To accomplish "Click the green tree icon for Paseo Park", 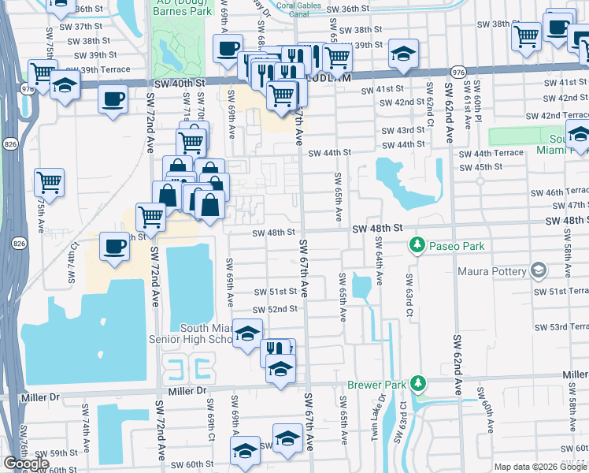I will (417, 246).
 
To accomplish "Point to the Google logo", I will (26, 464).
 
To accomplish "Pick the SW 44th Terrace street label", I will (490, 153).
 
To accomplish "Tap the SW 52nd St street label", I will (276, 309).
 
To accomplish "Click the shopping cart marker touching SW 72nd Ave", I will (150, 216).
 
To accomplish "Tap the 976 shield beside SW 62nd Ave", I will (458, 72).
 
